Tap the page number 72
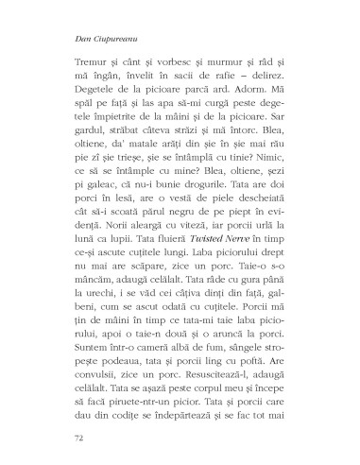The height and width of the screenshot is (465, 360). pos(78,438)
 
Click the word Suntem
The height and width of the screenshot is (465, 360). pos(94,356)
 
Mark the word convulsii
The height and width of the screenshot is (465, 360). pos(97,387)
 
